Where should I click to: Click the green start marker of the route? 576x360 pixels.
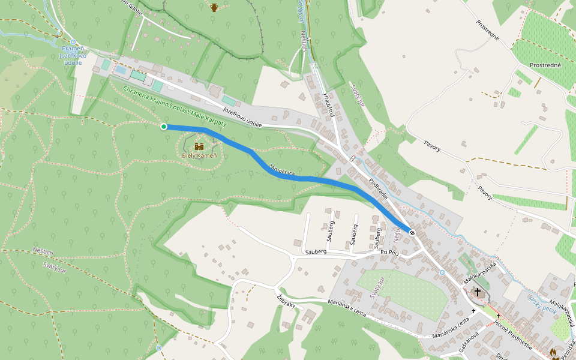click(164, 127)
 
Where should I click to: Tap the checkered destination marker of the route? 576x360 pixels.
click(412, 232)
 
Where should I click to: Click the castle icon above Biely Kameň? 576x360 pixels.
click(199, 146)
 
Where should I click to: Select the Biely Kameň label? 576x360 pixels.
click(199, 155)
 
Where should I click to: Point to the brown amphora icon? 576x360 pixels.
click(214, 7)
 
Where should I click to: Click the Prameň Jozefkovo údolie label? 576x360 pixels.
click(74, 55)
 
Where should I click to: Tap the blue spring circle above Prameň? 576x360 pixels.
click(73, 42)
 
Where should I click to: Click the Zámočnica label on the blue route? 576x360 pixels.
click(282, 170)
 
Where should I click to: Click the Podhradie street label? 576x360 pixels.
click(378, 188)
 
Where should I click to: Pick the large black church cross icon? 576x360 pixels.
click(478, 292)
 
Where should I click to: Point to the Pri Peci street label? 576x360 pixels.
click(389, 253)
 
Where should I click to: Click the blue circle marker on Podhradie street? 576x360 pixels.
click(442, 272)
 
